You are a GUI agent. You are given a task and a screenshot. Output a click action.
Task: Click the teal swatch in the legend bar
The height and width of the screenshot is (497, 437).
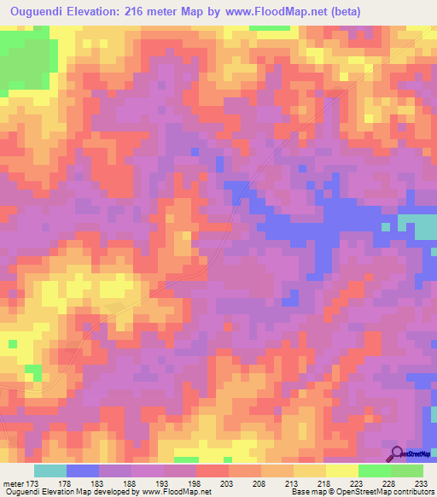click(x=50, y=471)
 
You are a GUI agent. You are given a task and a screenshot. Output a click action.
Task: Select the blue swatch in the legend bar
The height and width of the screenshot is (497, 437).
click(x=83, y=471)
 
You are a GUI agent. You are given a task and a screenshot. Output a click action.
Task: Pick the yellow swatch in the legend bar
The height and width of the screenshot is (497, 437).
click(x=342, y=471)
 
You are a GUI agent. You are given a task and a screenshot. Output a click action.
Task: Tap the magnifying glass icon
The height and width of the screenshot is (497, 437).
click(x=396, y=453)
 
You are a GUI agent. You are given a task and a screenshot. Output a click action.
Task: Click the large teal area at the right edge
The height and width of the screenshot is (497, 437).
click(x=418, y=226)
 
